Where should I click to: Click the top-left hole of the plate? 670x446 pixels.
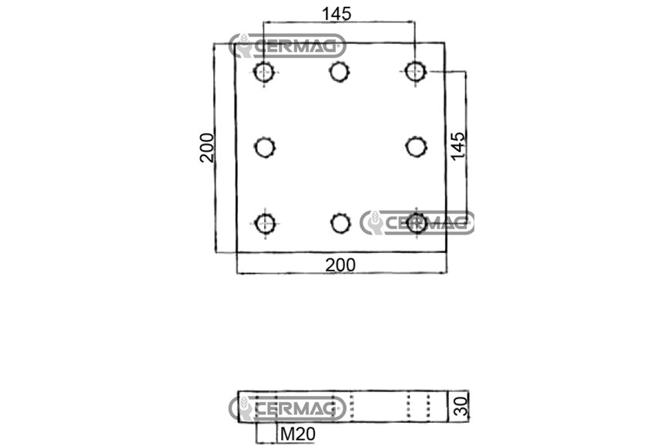click(x=263, y=72)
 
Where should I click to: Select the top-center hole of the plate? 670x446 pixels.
click(x=340, y=72)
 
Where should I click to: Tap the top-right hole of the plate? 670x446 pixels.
click(x=415, y=72)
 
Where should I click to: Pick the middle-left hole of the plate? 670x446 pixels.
click(x=265, y=148)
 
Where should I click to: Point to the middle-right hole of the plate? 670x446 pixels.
click(x=416, y=147)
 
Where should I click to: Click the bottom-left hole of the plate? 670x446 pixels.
click(x=265, y=223)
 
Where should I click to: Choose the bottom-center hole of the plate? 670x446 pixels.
click(x=340, y=223)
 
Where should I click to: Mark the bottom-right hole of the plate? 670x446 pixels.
click(x=417, y=223)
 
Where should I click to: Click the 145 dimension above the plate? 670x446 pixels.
click(x=337, y=14)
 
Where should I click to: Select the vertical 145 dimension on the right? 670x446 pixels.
click(x=457, y=146)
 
